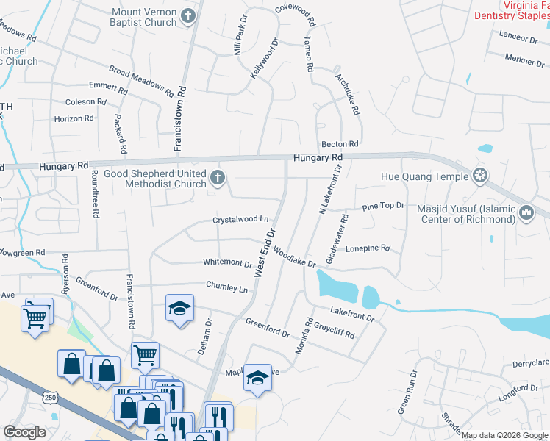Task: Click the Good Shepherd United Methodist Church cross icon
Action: [217, 177]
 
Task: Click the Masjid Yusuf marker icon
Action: [526, 214]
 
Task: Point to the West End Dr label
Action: [265, 252]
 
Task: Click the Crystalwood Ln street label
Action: [240, 219]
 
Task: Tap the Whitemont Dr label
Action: [228, 262]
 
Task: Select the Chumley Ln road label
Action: [226, 288]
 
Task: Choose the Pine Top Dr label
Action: [383, 207]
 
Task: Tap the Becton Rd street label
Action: [339, 144]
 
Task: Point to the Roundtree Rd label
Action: [95, 193]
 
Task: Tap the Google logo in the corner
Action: [24, 432]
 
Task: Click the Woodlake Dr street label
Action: [293, 257]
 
